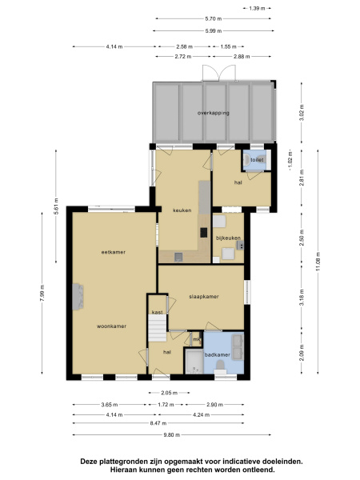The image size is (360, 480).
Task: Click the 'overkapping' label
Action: point(214,114)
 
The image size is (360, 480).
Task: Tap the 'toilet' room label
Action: point(256,160)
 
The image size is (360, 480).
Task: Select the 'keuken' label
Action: point(182,210)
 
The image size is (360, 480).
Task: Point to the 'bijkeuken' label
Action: point(228,238)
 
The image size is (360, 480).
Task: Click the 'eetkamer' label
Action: point(110,252)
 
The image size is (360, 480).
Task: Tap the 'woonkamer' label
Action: point(111,326)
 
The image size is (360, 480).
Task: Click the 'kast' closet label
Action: point(158,311)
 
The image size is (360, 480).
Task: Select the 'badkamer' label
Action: point(218,354)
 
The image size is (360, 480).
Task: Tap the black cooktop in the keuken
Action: point(203,234)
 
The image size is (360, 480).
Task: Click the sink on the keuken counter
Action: point(178,257)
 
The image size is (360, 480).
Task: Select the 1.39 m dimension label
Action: point(256,9)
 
